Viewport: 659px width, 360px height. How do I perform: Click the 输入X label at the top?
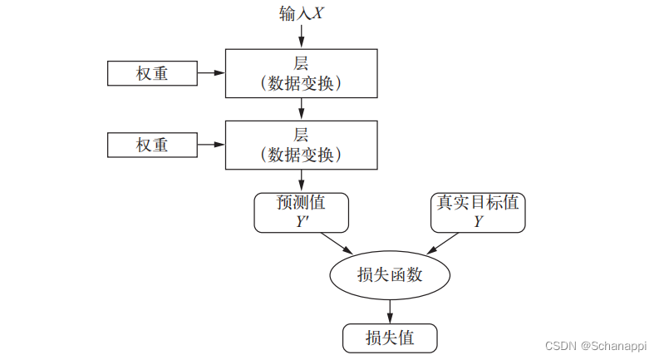pyautogui.click(x=301, y=14)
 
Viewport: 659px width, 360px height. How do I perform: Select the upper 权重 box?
pyautogui.click(x=152, y=73)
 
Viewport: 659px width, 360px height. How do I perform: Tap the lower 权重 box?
pyautogui.click(x=152, y=145)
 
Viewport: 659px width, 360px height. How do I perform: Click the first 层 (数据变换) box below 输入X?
pyautogui.click(x=301, y=73)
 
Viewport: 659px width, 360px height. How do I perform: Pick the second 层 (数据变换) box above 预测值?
pyautogui.click(x=301, y=145)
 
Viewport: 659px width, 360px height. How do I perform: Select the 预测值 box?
pyautogui.click(x=301, y=212)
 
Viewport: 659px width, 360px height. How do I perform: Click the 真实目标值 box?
pyautogui.click(x=479, y=212)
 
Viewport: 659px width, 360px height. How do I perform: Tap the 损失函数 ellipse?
pyautogui.click(x=390, y=274)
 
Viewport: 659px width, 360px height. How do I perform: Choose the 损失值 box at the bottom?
pyautogui.click(x=390, y=338)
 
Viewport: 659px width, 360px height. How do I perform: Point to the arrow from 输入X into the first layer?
pyautogui.click(x=301, y=35)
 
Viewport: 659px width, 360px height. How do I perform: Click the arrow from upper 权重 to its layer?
pyautogui.click(x=211, y=73)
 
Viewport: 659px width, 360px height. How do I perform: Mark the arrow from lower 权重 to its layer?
pyautogui.click(x=211, y=145)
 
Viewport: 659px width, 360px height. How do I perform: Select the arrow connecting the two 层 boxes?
pyautogui.click(x=301, y=108)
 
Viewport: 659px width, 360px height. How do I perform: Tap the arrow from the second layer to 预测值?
pyautogui.click(x=301, y=180)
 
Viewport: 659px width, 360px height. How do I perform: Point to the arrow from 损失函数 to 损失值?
pyautogui.click(x=390, y=310)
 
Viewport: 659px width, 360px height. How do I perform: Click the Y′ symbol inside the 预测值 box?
pyautogui.click(x=302, y=221)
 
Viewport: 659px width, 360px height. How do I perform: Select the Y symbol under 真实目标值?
pyautogui.click(x=479, y=221)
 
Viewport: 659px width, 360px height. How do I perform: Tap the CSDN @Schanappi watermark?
pyautogui.click(x=593, y=345)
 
